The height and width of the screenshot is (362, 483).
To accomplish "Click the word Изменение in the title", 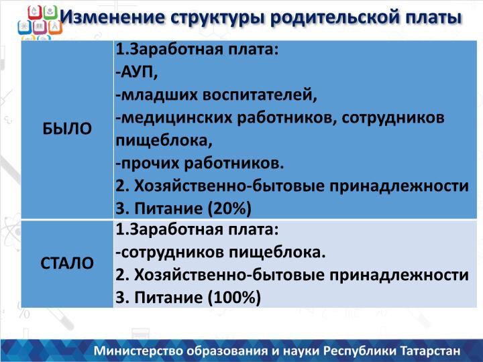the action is (x=113, y=17).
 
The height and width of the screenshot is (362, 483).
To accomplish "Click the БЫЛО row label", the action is (x=67, y=128).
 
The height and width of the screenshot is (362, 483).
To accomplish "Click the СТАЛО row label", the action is (x=67, y=263).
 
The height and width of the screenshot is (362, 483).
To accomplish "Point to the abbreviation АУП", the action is (x=137, y=72).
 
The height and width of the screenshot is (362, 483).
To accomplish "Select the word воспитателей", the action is (x=260, y=95).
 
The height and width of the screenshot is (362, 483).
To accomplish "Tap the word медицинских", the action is (x=174, y=118).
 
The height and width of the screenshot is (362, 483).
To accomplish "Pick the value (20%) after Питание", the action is (x=229, y=208).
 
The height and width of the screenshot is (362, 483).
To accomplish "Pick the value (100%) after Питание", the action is (x=234, y=298).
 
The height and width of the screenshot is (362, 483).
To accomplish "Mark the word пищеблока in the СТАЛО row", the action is (x=277, y=253).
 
